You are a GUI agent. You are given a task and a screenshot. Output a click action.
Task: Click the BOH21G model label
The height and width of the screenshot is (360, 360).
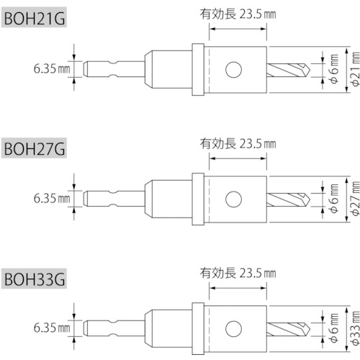tap(34, 18)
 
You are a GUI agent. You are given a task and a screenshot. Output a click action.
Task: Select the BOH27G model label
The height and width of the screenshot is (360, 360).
tap(34, 148)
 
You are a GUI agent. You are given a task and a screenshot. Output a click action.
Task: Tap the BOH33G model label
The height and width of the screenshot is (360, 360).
tap(34, 279)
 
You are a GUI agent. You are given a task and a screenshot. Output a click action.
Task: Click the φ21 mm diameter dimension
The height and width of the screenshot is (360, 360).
tap(356, 69)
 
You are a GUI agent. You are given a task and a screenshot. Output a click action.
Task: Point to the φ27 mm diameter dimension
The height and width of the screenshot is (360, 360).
tap(356, 199)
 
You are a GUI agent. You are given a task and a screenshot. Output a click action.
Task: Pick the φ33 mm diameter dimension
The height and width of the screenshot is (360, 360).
tap(356, 328)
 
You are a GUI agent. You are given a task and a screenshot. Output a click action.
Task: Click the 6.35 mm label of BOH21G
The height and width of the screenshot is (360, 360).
tap(52, 69)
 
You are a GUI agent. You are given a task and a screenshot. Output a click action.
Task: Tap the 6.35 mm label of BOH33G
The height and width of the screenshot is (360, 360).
tap(52, 328)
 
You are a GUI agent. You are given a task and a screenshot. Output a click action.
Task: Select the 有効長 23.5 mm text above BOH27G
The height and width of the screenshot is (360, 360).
tap(238, 144)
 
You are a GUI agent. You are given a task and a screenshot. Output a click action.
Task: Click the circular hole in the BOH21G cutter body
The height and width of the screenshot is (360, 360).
tap(233, 70)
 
